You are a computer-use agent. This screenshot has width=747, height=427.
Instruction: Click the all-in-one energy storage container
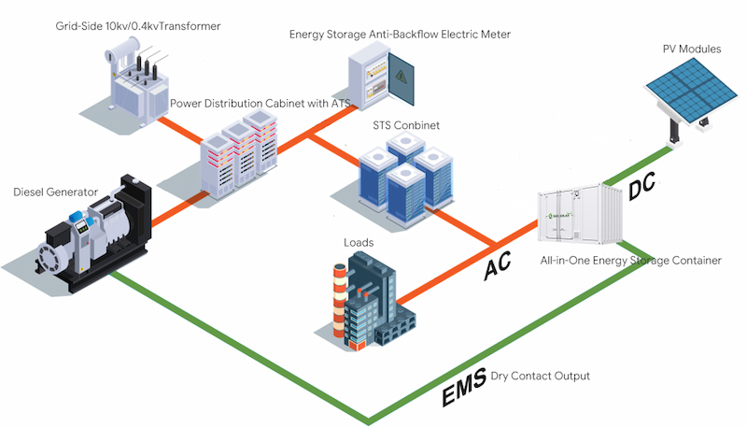tap(580, 216)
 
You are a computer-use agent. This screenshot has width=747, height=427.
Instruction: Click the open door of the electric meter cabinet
tap(402, 78)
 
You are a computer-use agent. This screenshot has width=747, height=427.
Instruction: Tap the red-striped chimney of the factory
tap(339, 300)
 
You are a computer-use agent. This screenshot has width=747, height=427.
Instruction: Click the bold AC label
tap(498, 265)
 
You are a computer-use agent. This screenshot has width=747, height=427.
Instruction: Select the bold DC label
tap(642, 186)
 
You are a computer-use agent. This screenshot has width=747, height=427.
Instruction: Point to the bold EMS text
tap(464, 387)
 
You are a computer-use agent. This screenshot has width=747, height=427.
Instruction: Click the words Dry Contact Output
tap(541, 376)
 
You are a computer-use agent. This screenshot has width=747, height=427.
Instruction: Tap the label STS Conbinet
tap(406, 125)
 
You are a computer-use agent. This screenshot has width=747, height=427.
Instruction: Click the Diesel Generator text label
tap(56, 192)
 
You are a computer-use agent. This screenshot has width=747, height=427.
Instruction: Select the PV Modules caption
tap(692, 49)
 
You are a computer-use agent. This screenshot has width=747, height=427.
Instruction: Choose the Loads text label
tap(359, 243)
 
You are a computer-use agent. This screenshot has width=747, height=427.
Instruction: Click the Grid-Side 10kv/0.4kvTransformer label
tap(138, 26)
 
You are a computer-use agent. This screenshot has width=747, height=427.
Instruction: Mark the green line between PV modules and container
tap(638, 165)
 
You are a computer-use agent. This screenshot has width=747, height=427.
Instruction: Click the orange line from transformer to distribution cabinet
tap(181, 130)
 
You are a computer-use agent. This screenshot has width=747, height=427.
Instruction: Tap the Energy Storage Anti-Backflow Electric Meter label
tap(400, 35)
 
